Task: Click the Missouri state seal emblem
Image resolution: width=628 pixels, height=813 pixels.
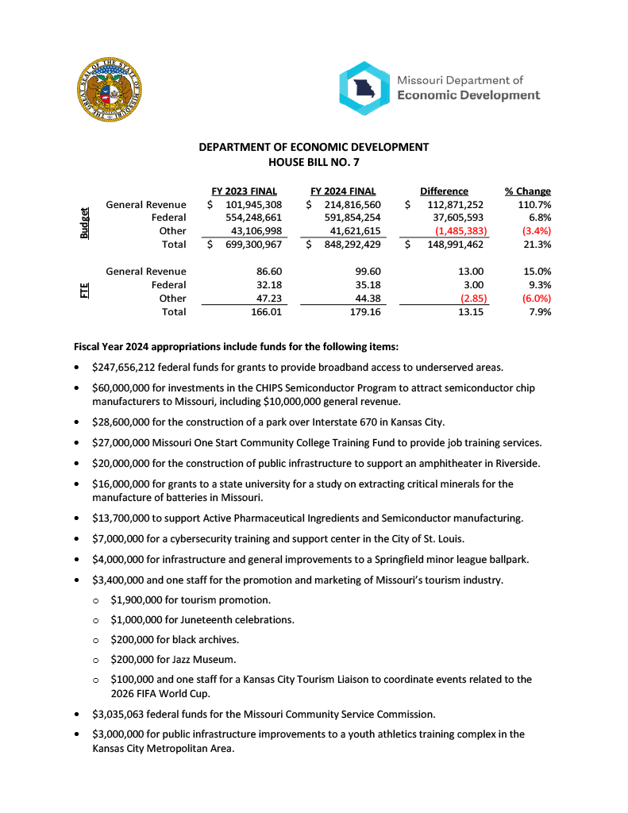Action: point(111,90)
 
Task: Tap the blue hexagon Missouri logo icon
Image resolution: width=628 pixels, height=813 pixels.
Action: point(364,88)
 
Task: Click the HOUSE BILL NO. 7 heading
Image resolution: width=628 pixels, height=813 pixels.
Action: point(314,161)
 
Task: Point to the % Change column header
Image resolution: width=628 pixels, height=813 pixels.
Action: point(527,191)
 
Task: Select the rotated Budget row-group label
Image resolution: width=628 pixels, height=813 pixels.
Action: point(84,223)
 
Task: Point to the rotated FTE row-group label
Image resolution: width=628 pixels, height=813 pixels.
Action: point(84,291)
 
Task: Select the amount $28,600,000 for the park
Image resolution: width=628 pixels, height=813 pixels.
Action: point(125,422)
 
